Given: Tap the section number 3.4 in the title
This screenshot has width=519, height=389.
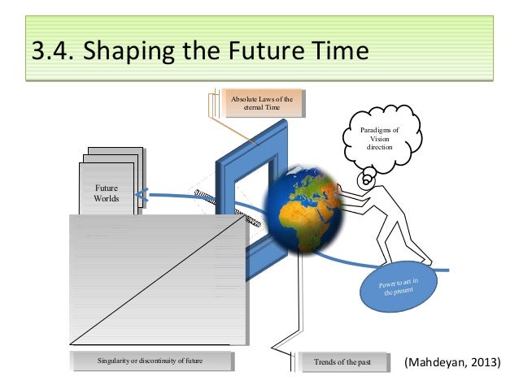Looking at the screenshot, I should (50, 53).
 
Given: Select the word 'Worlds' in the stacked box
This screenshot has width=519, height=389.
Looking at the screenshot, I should (107, 199).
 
